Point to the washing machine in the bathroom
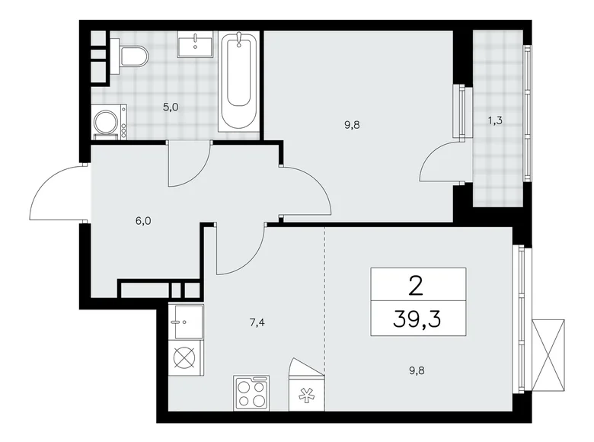(107, 122)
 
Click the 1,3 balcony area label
(495, 118)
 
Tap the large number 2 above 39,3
(417, 285)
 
